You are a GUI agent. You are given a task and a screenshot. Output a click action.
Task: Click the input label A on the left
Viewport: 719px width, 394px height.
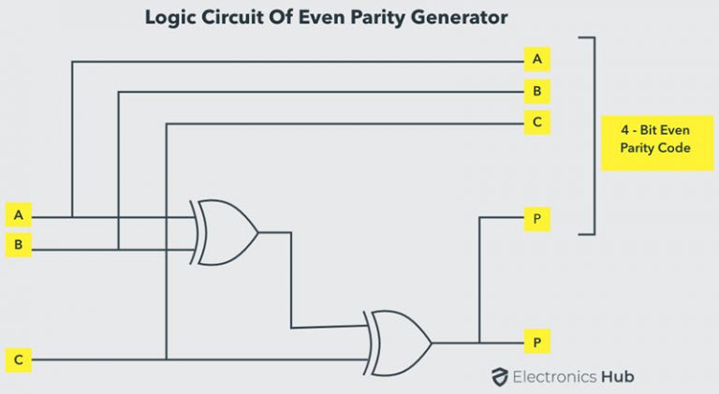(x=18, y=215)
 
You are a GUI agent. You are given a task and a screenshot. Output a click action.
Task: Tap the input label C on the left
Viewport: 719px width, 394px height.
(x=18, y=358)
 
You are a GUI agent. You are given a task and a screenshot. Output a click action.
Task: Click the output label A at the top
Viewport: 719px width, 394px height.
(x=536, y=58)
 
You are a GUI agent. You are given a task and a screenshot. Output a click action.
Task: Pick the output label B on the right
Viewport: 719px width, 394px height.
(x=536, y=92)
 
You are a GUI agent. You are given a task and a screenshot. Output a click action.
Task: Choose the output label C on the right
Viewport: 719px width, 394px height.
(x=536, y=122)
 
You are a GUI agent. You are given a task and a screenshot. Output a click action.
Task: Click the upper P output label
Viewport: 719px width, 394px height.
(x=536, y=219)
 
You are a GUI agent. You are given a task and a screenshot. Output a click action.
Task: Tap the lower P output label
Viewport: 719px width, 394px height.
(x=536, y=343)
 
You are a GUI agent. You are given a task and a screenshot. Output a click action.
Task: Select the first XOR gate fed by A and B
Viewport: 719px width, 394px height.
(x=225, y=232)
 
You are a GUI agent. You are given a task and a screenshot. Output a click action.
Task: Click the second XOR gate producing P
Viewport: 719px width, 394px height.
(x=399, y=343)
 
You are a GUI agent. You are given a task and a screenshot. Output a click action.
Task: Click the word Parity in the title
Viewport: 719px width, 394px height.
(x=383, y=17)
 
